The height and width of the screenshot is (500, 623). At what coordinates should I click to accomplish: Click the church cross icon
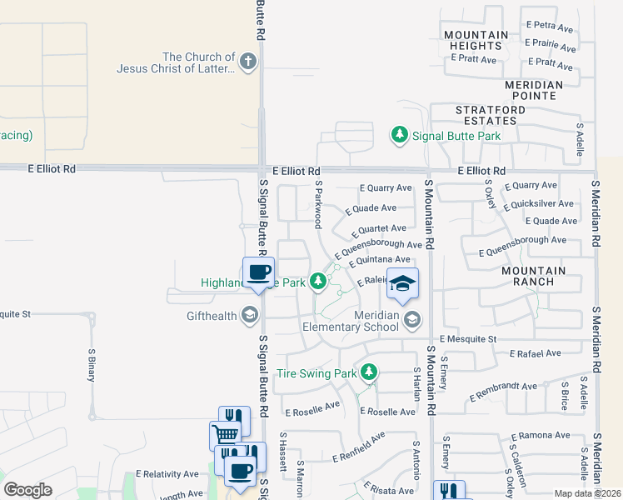coord(247,62)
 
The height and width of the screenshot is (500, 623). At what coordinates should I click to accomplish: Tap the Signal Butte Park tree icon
coord(400,135)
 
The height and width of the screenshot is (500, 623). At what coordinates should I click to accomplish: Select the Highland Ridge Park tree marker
coord(317,282)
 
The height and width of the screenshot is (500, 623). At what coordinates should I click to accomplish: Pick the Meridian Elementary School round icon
coord(411,319)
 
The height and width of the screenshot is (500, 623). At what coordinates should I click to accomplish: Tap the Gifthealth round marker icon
coord(248,315)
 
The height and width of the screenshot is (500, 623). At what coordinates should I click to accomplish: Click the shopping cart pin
coord(225,434)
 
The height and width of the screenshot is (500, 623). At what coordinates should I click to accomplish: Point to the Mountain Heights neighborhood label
coord(476,40)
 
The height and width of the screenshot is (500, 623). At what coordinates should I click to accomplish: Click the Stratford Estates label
coord(490,115)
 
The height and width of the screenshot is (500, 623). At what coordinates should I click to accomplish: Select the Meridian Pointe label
coord(541,90)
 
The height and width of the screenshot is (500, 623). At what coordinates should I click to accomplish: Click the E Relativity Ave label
coord(170,474)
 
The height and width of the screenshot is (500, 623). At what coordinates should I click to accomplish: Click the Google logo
coord(27,490)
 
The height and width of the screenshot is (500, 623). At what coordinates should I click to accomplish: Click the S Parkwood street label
coord(318,204)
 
